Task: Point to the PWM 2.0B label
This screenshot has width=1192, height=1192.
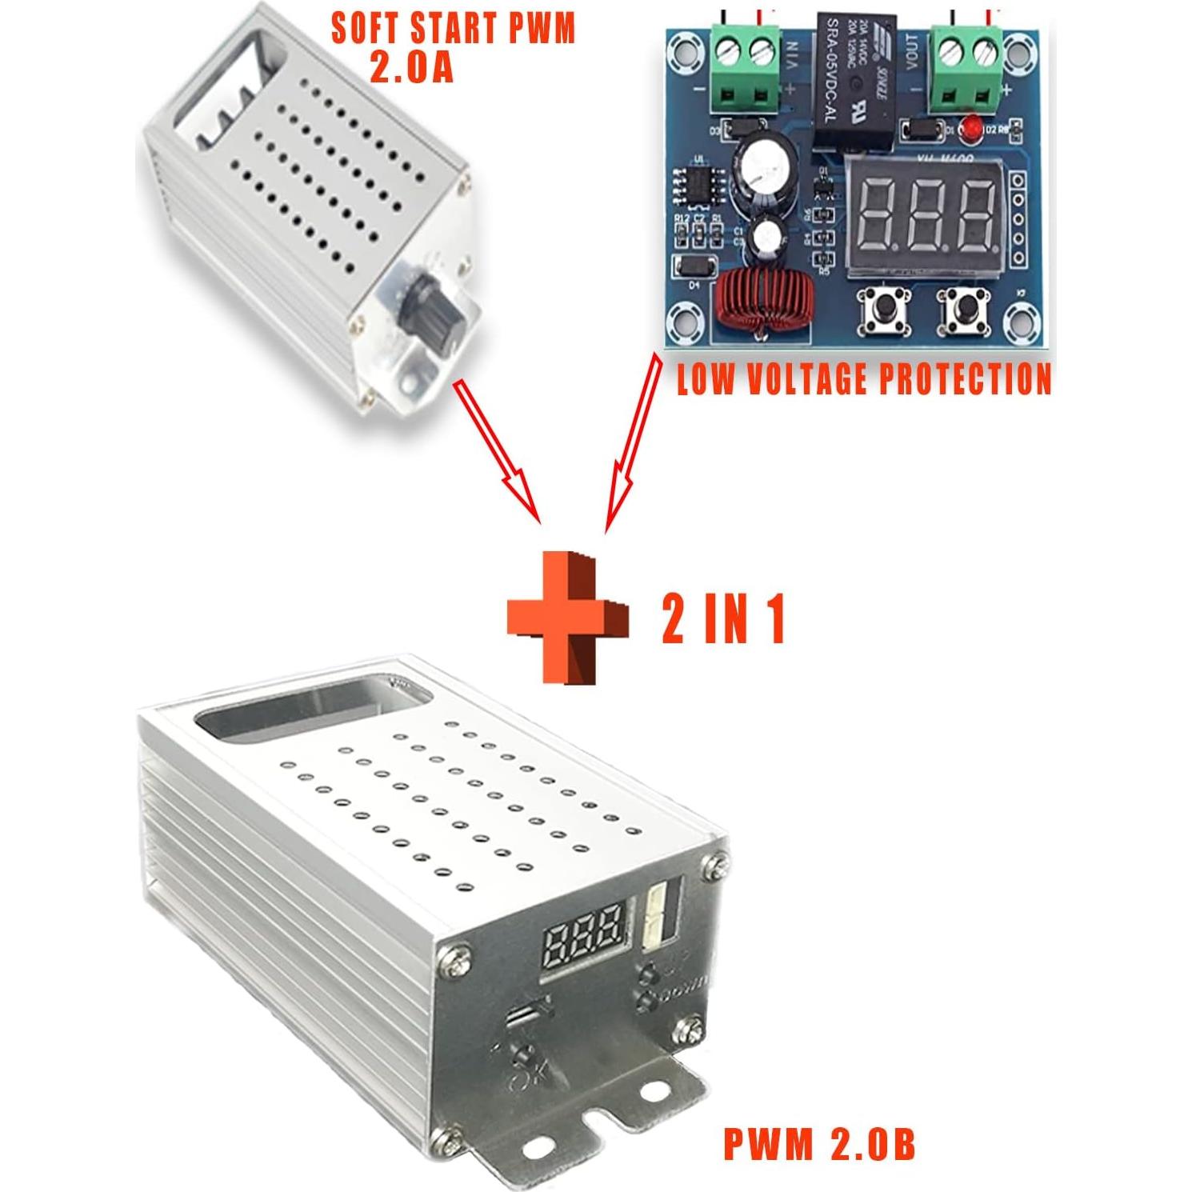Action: click(818, 1143)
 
